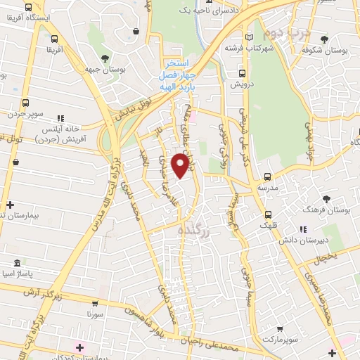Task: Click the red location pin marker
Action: tap(181, 165)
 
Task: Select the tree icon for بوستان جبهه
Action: tap(105, 58)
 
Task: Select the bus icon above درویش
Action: tap(243, 72)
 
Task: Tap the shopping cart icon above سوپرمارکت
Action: tap(280, 328)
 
